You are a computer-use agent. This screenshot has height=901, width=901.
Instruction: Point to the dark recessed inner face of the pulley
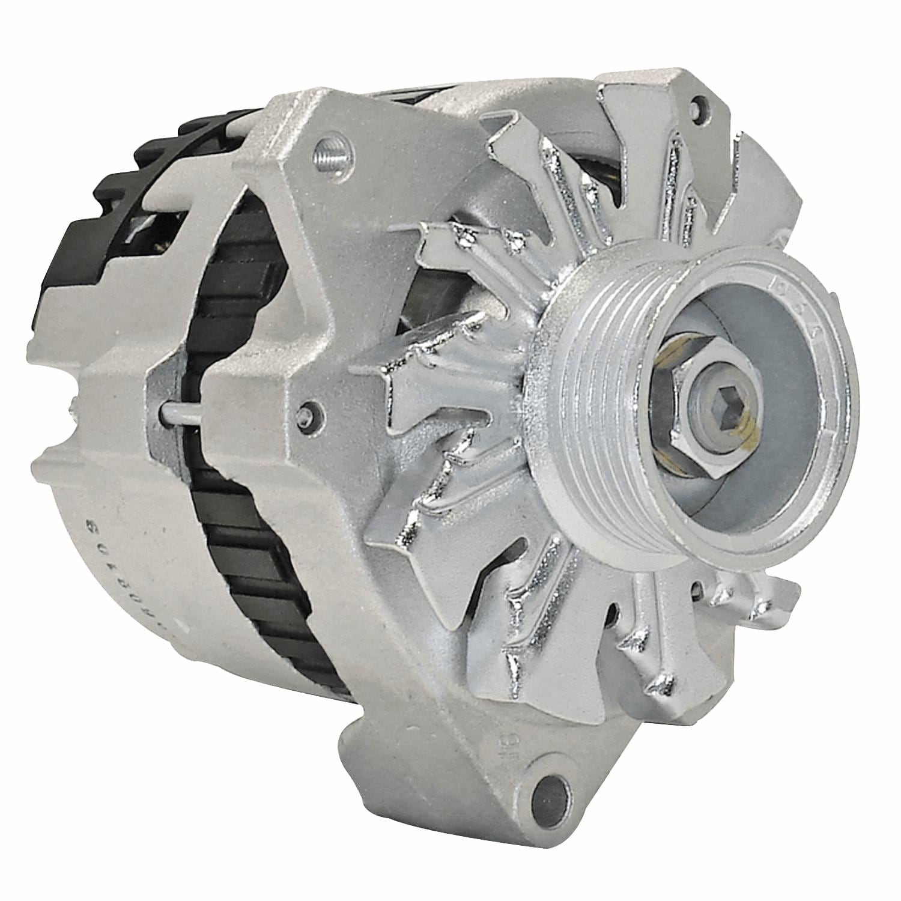781,457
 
